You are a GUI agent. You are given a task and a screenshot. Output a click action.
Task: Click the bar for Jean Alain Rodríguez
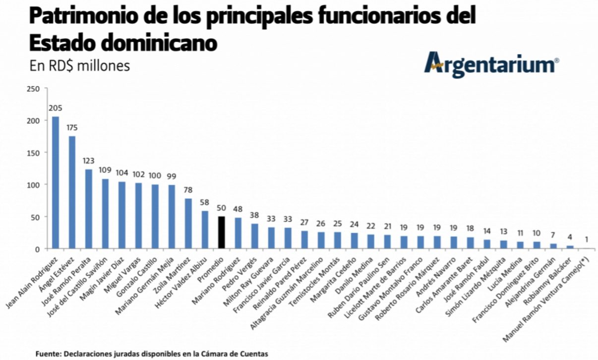pyautogui.click(x=56, y=182)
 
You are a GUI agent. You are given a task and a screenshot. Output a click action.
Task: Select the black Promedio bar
pyautogui.click(x=222, y=233)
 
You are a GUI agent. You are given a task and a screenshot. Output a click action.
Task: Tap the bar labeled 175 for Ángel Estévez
pyautogui.click(x=72, y=192)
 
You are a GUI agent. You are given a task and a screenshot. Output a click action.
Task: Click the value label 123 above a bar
pyautogui.click(x=89, y=161)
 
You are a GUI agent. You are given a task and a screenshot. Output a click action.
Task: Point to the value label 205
pyautogui.click(x=56, y=108)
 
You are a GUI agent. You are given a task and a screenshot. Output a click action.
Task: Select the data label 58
pyautogui.click(x=205, y=202)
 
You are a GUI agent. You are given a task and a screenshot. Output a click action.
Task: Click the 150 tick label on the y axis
pyautogui.click(x=33, y=153)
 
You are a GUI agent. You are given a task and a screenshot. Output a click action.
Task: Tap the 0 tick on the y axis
pyautogui.click(x=37, y=249)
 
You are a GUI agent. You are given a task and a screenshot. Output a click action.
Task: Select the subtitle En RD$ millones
pyautogui.click(x=79, y=65)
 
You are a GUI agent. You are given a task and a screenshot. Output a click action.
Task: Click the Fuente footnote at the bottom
pyautogui.click(x=151, y=354)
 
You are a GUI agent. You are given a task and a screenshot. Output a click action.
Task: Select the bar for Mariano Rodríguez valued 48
pyautogui.click(x=239, y=233)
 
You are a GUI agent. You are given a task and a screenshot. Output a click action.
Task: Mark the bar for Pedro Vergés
pyautogui.click(x=255, y=236)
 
